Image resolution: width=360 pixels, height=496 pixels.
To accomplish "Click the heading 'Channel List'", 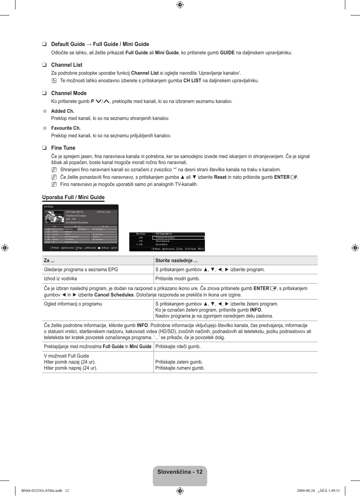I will (66, 65).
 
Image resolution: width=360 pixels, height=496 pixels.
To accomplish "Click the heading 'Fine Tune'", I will (63, 148).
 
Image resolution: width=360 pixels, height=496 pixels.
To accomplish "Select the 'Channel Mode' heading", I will (69, 93).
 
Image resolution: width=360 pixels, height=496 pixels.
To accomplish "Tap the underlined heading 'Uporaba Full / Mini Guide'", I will (73, 197).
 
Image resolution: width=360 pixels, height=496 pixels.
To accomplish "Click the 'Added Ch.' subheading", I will (63, 111).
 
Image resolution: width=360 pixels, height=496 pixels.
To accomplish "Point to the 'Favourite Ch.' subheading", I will (66, 128).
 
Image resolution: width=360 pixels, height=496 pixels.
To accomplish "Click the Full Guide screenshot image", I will (80, 228).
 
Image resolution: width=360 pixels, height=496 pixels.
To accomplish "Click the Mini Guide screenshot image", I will (167, 241).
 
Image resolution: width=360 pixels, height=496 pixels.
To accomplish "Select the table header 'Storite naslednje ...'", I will (176, 261).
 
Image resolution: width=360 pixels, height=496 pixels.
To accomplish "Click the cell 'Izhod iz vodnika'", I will (60, 279).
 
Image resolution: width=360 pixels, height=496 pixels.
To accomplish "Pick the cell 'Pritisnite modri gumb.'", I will (177, 279).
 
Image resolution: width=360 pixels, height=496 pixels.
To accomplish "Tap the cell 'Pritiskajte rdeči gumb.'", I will (178, 347).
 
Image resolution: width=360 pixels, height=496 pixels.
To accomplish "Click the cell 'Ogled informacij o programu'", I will (73, 304).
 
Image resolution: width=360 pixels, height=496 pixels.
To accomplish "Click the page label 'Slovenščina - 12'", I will (180, 472).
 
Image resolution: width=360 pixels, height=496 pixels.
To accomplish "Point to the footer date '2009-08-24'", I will (306, 491).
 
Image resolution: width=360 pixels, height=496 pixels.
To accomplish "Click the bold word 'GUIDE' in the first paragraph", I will (227, 53).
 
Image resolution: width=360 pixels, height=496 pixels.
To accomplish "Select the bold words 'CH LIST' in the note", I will (192, 81).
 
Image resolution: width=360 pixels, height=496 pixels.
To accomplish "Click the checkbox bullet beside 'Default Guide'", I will (44, 44).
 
